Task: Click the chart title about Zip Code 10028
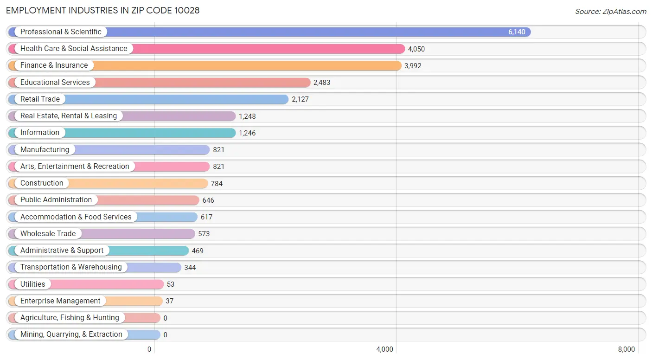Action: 103,10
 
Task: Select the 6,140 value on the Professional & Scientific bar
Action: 517,32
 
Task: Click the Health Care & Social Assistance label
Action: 74,49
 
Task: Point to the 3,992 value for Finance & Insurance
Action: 413,66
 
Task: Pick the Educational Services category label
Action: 55,83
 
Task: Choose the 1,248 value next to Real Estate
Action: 247,116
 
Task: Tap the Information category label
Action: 40,133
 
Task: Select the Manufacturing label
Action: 45,150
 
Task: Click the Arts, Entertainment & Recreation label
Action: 75,167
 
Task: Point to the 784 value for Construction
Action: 217,184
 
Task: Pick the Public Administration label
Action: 56,200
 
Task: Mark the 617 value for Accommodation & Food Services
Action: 206,217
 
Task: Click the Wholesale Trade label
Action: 48,234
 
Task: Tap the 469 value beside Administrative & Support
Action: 198,251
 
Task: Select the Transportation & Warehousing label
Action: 71,267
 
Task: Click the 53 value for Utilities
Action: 171,284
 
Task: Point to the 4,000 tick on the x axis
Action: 384,349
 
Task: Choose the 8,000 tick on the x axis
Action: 626,349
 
